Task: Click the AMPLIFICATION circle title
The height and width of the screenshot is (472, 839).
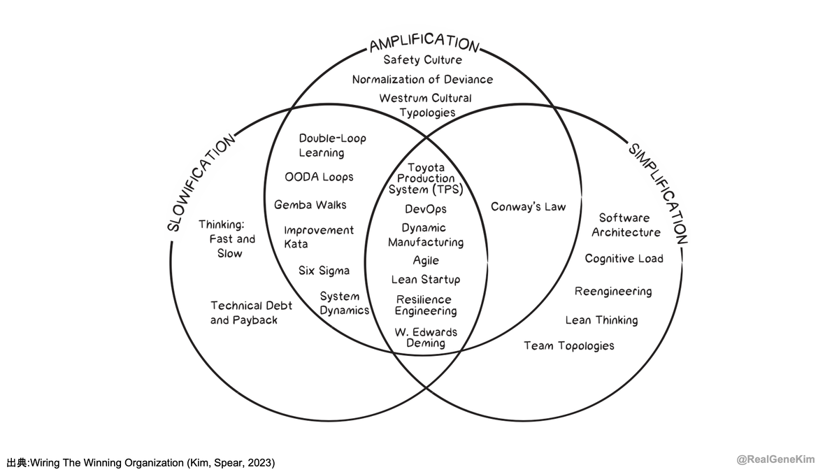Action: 424,43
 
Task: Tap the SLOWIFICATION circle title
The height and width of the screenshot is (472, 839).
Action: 201,183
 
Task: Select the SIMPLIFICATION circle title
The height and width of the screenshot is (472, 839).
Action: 658,194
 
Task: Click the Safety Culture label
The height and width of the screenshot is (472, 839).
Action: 422,60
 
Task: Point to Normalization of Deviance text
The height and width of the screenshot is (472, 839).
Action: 422,80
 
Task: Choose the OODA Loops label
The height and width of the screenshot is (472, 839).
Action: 319,177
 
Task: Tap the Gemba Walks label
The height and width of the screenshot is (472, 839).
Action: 310,205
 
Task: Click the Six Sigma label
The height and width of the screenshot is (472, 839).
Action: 324,271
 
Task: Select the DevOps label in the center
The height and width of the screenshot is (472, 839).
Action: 426,209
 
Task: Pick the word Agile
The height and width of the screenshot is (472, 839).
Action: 426,260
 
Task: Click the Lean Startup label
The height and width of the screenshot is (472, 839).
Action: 426,280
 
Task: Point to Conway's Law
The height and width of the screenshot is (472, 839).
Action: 528,207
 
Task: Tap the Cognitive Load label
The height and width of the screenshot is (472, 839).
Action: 624,259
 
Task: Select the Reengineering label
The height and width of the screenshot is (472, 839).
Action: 613,292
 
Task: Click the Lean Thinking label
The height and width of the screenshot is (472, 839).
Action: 601,320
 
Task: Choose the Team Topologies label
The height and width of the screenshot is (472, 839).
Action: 569,345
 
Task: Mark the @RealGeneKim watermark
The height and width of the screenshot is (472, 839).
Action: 775,460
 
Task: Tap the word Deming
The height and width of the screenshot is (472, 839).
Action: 426,343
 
